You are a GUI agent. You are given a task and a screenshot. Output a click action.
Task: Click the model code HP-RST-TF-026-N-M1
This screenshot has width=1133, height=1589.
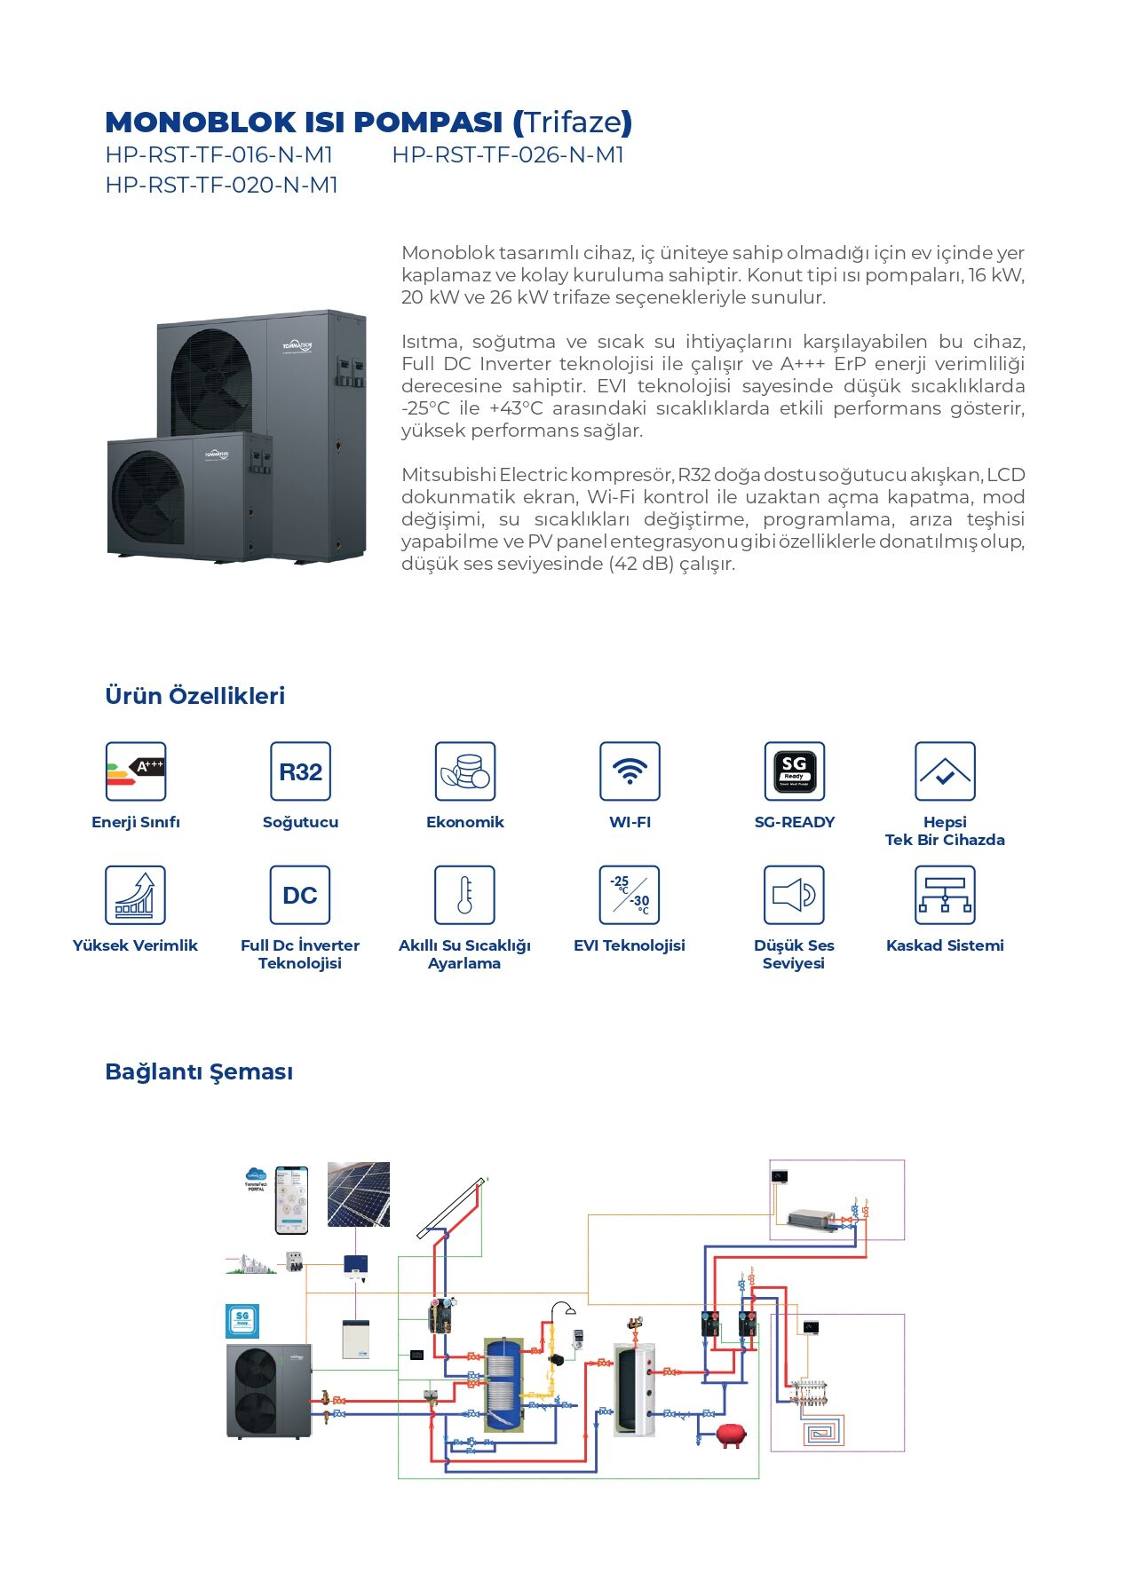point(508,154)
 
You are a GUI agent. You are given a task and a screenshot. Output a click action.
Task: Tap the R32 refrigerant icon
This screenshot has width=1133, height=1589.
point(300,771)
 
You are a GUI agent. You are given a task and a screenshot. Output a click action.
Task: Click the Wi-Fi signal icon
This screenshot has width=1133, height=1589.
point(630,771)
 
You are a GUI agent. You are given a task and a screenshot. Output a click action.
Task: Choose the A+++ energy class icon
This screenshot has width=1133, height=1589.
point(136,771)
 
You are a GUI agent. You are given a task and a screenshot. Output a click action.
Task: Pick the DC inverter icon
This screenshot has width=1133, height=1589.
point(300,895)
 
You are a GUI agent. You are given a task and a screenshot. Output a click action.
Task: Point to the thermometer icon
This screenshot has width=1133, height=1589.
point(464,895)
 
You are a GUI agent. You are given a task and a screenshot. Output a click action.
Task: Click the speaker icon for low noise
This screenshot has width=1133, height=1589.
point(794,895)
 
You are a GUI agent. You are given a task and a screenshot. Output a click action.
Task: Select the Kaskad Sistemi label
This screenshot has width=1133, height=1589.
point(945,945)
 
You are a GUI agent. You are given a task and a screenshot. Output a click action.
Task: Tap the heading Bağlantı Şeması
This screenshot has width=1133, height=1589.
point(199,1071)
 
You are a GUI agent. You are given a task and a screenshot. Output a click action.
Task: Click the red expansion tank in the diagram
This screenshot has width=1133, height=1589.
point(731,1435)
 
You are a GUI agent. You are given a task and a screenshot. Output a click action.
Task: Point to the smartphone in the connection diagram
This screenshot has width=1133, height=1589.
point(291,1199)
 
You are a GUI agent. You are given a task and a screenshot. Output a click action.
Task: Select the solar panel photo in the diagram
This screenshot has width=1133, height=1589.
point(359,1194)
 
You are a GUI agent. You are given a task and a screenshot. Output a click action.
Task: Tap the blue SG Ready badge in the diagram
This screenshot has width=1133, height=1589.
point(242,1321)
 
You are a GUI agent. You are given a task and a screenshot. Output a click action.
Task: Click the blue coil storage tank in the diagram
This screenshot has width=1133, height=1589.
point(503,1384)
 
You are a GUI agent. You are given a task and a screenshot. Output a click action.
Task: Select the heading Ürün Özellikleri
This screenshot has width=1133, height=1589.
point(195,696)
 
